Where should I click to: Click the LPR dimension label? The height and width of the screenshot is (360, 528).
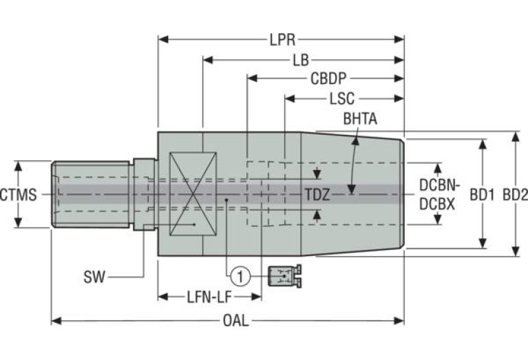tap(281, 40)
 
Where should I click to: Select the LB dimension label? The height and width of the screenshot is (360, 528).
tap(300, 60)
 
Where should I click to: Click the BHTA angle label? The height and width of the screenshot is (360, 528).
tap(360, 119)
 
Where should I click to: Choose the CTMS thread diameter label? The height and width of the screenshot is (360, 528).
tap(18, 195)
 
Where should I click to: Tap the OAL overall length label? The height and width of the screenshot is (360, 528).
tap(236, 321)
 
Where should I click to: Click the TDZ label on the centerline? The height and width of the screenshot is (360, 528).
tap(317, 195)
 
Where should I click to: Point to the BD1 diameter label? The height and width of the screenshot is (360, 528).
tap(483, 195)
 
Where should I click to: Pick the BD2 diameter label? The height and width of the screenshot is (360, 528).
tap(515, 195)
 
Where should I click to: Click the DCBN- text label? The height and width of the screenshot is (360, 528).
tap(438, 185)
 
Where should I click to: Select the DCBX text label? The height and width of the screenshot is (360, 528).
tap(438, 204)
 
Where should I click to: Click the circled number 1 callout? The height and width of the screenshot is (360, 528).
tap(240, 277)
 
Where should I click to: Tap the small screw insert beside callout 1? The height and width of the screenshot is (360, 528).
tap(284, 276)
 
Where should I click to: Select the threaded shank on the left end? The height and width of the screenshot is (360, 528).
tap(91, 195)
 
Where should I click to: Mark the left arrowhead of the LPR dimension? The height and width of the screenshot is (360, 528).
tap(162, 40)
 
